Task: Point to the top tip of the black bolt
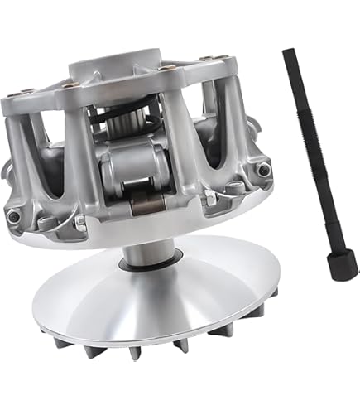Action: point(288,52)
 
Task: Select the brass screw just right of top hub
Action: point(169,67)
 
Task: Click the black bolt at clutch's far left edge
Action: point(12,216)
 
